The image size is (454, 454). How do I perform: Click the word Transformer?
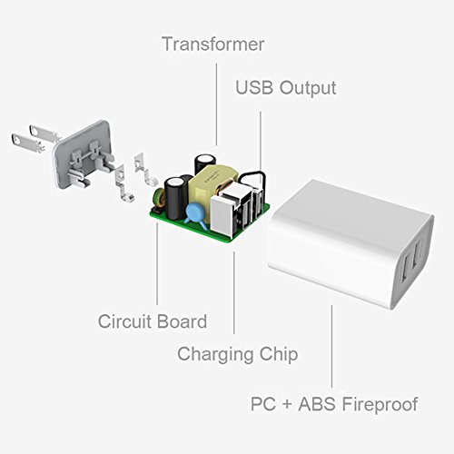click(213, 44)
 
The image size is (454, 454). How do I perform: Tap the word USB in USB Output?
click(254, 88)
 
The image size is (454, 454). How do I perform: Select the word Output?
click(308, 88)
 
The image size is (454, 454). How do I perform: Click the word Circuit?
click(124, 321)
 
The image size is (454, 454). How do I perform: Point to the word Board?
click(182, 321)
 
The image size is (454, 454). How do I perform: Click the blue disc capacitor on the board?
click(195, 214)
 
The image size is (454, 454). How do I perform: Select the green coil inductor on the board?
click(159, 198)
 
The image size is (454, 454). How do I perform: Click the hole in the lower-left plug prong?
click(16, 140)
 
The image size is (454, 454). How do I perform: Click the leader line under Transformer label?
click(216, 104)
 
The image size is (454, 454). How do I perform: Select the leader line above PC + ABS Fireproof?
click(332, 346)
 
